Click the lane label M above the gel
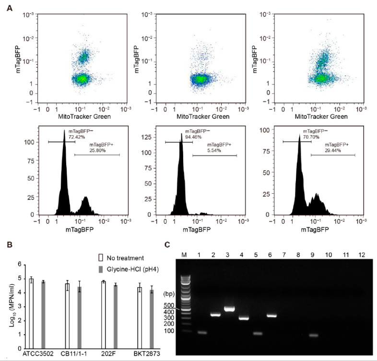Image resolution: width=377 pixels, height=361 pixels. pos(187,254)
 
